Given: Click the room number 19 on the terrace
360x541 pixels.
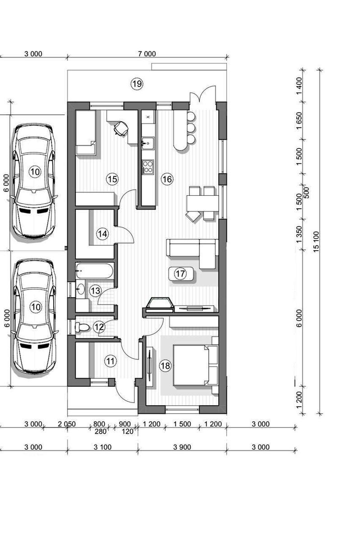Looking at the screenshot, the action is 137,84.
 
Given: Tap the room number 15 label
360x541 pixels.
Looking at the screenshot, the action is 112,179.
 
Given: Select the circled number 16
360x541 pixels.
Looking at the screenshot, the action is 167,179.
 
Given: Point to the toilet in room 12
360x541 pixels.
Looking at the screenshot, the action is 82,327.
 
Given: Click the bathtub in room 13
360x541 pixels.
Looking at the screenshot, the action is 94,271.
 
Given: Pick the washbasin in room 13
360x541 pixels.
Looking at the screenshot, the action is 80,288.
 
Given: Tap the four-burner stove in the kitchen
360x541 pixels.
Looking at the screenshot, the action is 148,167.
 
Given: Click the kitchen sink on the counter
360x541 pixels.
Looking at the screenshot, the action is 148,142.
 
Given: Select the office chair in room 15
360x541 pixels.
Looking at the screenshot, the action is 121,128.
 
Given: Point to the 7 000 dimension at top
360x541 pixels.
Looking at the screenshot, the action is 147,54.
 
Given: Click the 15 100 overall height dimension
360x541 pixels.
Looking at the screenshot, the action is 316,242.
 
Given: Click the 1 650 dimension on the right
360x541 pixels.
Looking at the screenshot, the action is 299,121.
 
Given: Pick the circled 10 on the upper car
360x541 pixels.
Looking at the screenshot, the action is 35,172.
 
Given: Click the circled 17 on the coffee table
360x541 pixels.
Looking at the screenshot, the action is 180,274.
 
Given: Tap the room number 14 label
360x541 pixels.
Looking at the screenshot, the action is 102,234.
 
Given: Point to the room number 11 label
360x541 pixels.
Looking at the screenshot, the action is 111,361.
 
